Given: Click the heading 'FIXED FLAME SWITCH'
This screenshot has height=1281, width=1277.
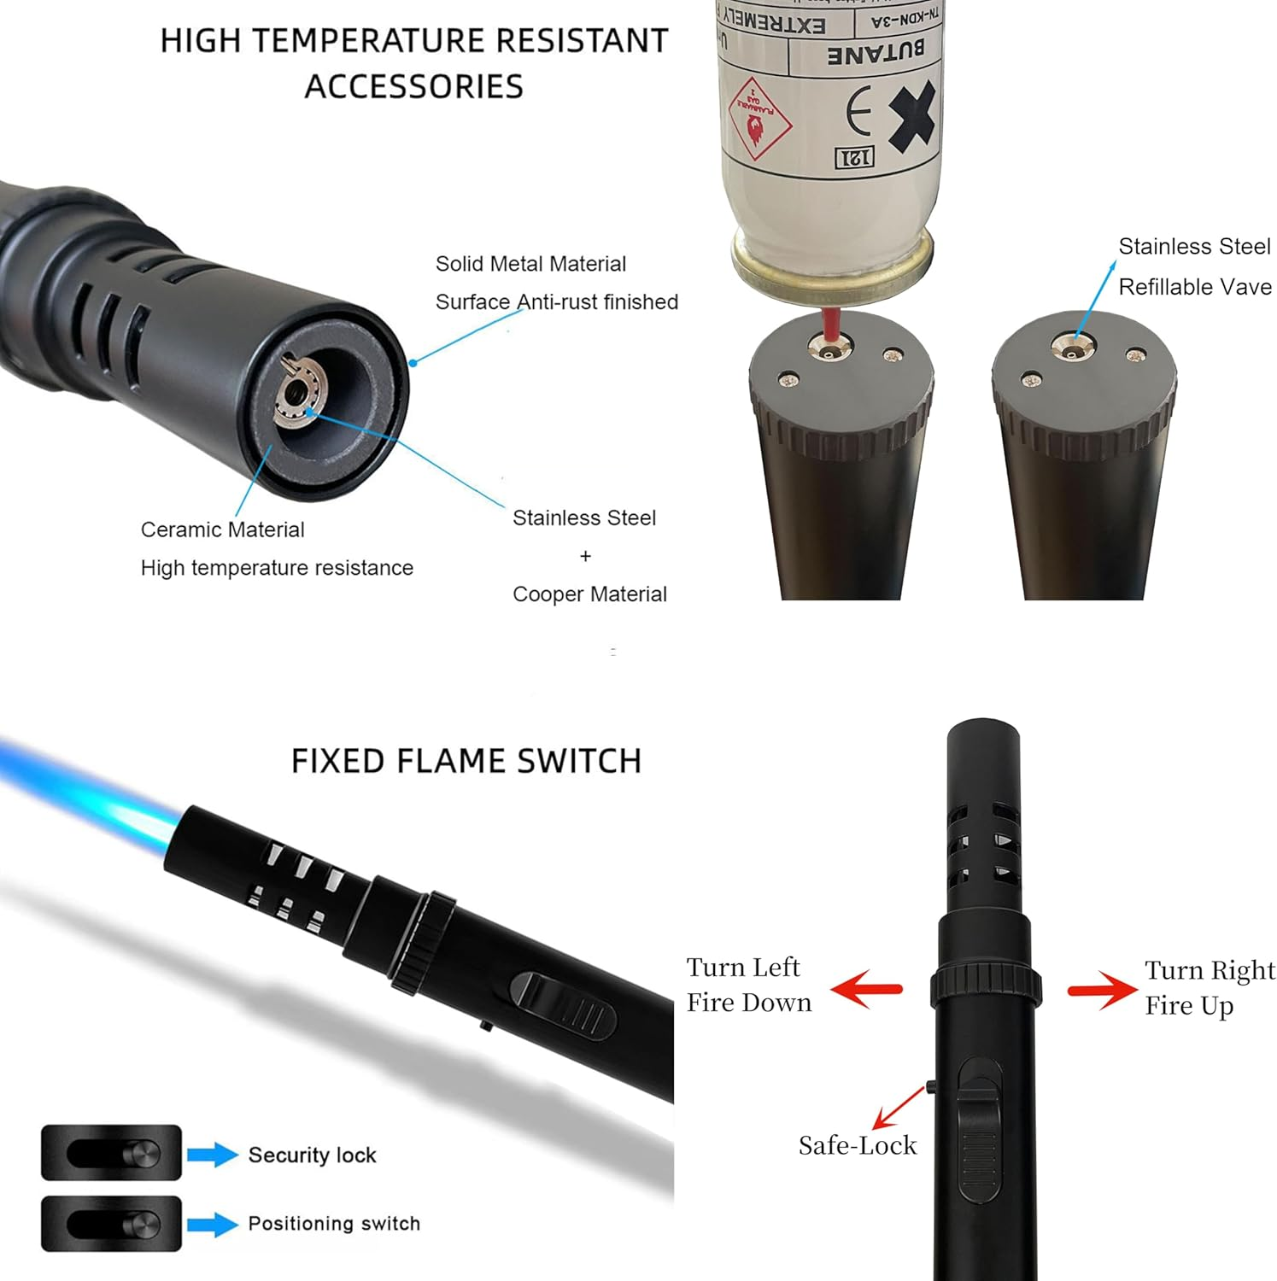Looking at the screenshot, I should [466, 760].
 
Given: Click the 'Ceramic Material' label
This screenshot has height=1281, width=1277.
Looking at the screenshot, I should [222, 529].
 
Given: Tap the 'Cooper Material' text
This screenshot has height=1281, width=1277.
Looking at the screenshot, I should [589, 594].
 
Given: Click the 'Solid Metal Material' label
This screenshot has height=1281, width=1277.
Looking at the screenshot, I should [530, 264].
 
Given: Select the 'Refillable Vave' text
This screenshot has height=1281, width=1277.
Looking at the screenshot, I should [1194, 287].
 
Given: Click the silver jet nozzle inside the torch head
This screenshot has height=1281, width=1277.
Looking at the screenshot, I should [298, 394].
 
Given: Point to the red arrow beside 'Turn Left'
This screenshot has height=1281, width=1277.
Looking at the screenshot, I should [866, 989].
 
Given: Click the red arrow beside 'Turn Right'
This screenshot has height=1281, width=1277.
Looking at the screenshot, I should [1103, 990].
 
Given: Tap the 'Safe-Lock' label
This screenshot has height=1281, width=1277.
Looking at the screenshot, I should [857, 1145].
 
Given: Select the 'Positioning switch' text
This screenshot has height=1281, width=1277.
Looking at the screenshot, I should [334, 1223].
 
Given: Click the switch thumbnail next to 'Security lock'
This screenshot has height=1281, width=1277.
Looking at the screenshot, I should [112, 1153].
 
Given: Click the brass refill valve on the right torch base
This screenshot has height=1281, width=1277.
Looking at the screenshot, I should [1069, 347].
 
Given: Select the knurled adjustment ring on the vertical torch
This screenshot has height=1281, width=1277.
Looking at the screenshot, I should [986, 986].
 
